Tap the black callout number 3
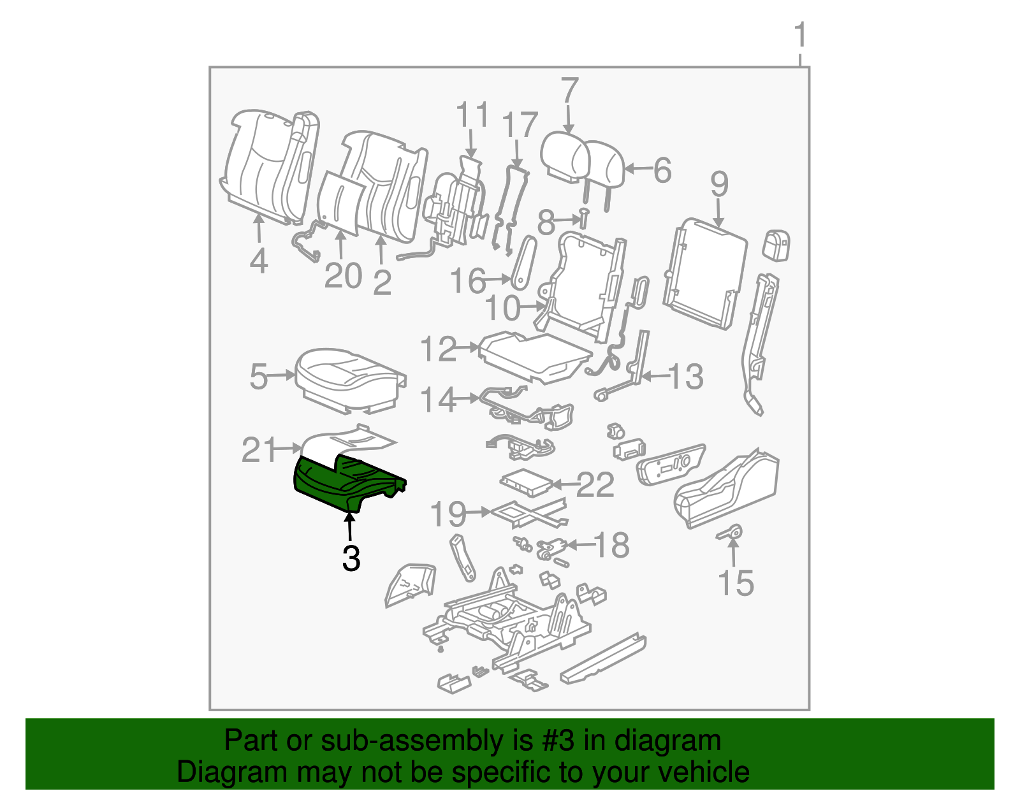351,558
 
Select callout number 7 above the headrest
569,90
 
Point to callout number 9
719,184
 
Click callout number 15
736,583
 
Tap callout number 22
595,486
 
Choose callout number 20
343,276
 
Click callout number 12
439,349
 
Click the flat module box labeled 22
526,482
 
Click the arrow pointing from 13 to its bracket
654,377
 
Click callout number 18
611,546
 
